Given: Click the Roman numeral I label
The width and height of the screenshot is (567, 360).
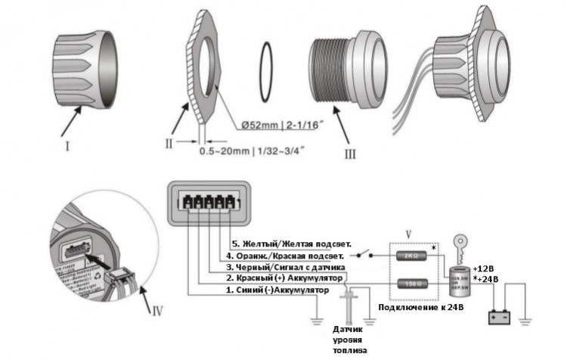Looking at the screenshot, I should [67, 146].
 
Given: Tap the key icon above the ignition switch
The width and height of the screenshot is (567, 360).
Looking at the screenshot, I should [457, 245].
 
